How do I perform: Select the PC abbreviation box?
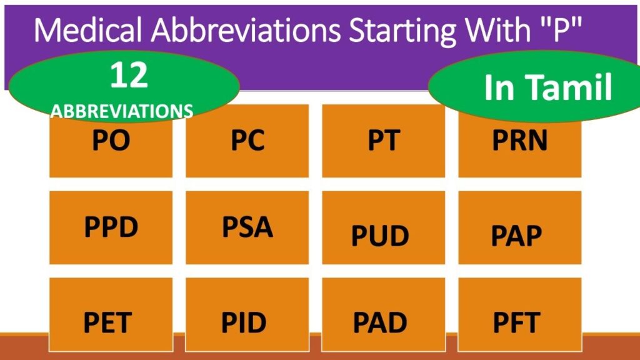tap(247, 141)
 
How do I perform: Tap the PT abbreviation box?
tap(384, 141)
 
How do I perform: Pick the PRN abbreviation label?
tap(519, 141)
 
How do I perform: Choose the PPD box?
tap(111, 227)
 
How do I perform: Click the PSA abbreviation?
tap(247, 227)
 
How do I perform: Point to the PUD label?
tap(380, 236)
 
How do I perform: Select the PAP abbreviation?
tap(516, 236)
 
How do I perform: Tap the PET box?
tap(111, 314)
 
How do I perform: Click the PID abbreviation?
tap(244, 323)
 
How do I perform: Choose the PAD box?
tap(384, 314)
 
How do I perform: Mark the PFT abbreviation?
tap(516, 323)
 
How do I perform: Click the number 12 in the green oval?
tap(129, 75)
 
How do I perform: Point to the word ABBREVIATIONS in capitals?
tap(122, 111)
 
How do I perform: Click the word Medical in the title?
tap(88, 30)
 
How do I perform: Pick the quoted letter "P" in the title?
tap(561, 29)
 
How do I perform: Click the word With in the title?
tap(498, 30)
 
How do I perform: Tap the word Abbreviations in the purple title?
tap(246, 30)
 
